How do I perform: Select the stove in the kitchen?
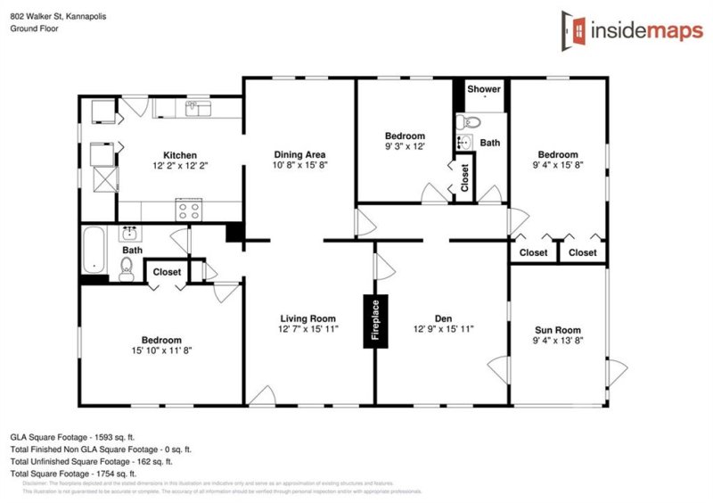pos(189,211)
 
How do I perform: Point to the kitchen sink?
pos(196,109)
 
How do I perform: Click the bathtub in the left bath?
pos(93,251)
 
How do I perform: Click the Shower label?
pos(484,89)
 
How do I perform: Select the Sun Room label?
pos(558,327)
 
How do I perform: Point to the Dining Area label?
pos(299,154)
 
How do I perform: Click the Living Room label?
pos(307,318)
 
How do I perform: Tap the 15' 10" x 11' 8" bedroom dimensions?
pos(161,350)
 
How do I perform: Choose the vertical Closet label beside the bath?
pos(464,177)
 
